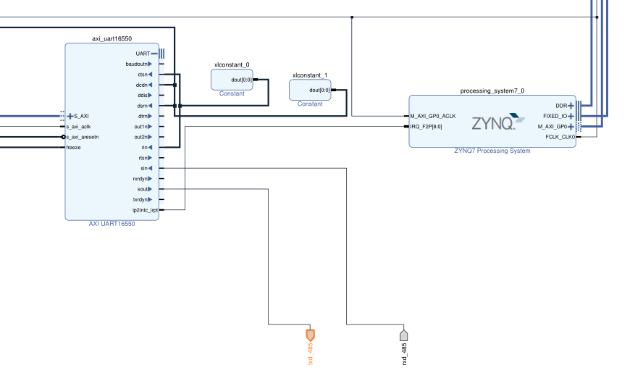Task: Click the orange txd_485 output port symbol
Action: coord(310,335)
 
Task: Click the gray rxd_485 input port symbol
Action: coord(404,335)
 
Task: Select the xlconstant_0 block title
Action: coord(232,64)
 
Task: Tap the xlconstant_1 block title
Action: coord(310,75)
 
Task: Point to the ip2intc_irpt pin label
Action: coord(145,210)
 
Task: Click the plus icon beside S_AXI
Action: coord(70,116)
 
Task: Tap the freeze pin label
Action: coord(74,147)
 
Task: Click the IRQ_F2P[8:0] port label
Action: coord(426,126)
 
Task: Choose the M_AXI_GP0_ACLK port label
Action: coord(432,116)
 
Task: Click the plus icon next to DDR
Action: coord(571,106)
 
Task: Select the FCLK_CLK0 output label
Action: coord(559,136)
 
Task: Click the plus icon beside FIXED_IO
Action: coord(571,116)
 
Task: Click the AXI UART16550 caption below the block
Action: coord(112,224)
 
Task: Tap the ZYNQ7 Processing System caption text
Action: coord(492,151)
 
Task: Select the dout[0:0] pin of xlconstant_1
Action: coord(319,91)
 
